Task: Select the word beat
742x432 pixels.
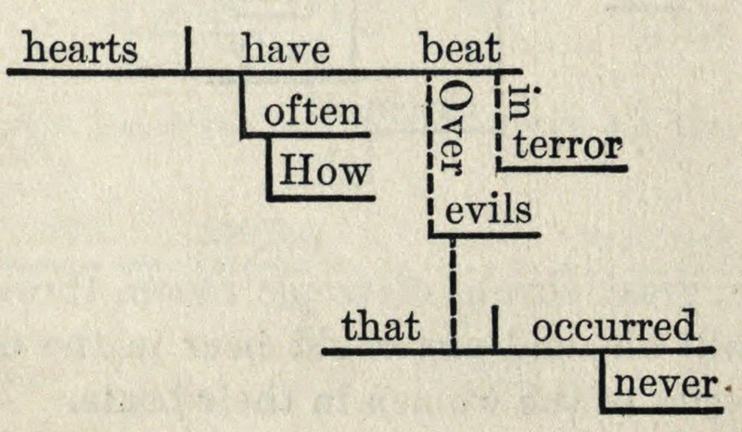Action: [x=461, y=48]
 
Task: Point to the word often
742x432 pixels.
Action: [x=313, y=113]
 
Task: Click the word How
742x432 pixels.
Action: [x=325, y=171]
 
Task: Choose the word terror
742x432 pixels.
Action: [x=567, y=146]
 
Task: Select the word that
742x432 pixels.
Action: [x=381, y=327]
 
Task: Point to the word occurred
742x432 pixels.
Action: [x=614, y=327]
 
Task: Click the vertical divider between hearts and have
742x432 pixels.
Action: [x=188, y=48]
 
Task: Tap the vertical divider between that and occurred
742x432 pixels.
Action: [x=494, y=326]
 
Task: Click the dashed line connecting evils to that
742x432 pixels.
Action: [x=453, y=288]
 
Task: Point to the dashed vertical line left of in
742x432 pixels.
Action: [x=499, y=121]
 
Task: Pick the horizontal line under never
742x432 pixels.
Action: [x=662, y=409]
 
